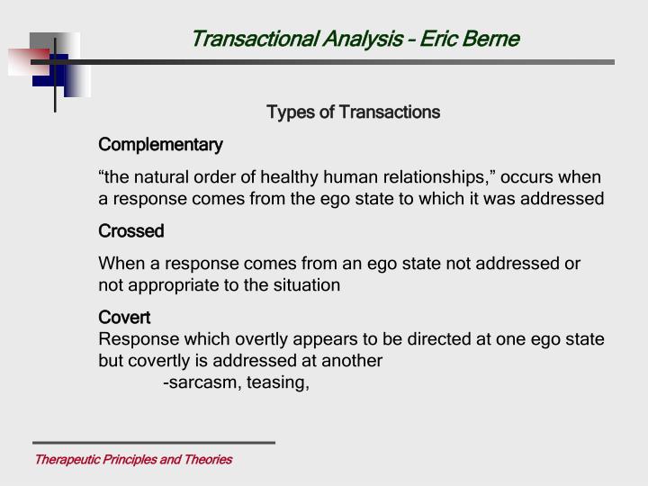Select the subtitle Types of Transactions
pyautogui.click(x=353, y=112)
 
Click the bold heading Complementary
pyautogui.click(x=160, y=145)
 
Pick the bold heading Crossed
pyautogui.click(x=131, y=231)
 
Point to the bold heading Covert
pyautogui.click(x=124, y=318)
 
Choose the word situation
pyautogui.click(x=307, y=285)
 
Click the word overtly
pyautogui.click(x=263, y=339)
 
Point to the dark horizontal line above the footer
pyautogui.click(x=153, y=443)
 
